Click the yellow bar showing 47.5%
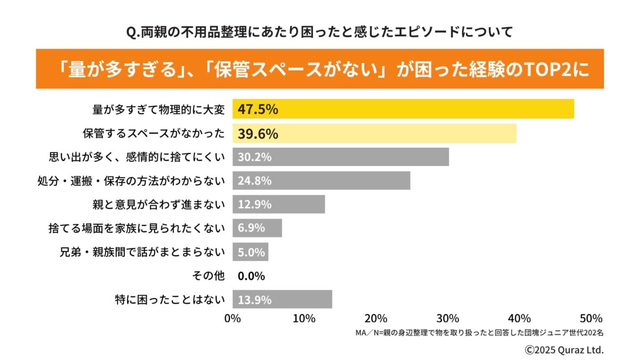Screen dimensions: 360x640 [x=403, y=109]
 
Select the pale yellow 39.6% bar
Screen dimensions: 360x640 [x=374, y=133]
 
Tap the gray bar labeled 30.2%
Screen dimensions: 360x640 [x=340, y=157]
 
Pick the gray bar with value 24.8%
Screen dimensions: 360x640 [x=321, y=180]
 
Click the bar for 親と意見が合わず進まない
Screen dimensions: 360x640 [x=278, y=204]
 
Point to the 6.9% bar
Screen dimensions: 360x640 [x=257, y=228]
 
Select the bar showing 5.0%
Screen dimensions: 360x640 [x=250, y=252]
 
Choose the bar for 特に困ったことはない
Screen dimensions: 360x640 [x=282, y=299]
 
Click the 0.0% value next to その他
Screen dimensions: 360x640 [x=251, y=276]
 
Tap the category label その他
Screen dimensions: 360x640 [x=208, y=276]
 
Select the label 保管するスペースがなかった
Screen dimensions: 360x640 [x=154, y=133]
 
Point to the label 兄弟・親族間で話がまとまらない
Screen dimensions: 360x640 [x=142, y=252]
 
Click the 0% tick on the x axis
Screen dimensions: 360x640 [x=233, y=319]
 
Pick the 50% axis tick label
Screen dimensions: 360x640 [x=590, y=319]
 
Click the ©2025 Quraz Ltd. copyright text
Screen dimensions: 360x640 [x=564, y=350]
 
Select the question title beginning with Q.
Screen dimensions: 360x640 [x=319, y=33]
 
